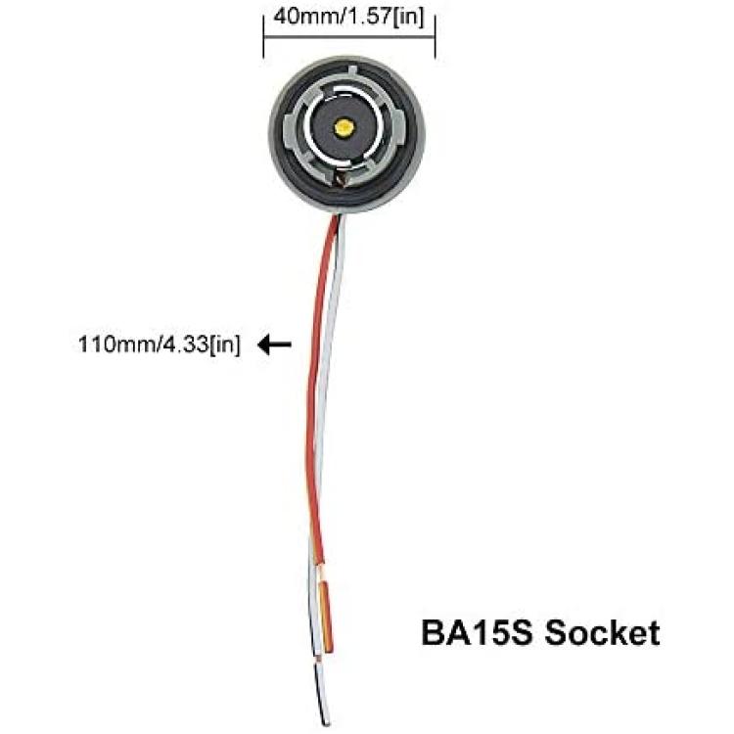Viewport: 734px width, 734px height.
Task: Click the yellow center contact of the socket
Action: [344, 126]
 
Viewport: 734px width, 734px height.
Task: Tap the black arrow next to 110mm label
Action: [275, 345]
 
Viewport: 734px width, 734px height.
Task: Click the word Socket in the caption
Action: [602, 633]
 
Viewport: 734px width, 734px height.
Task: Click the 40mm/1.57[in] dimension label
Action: [348, 18]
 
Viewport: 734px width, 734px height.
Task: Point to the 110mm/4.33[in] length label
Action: [160, 345]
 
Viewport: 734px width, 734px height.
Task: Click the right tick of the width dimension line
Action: [436, 36]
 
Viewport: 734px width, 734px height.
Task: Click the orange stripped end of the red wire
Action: [325, 617]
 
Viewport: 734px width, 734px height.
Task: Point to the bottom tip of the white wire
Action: [327, 723]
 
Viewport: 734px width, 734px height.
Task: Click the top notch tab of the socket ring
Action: [352, 72]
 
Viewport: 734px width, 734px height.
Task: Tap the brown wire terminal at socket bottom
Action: [342, 178]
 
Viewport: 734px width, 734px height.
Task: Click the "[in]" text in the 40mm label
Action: [408, 18]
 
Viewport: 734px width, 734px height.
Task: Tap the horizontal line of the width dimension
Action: [349, 35]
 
